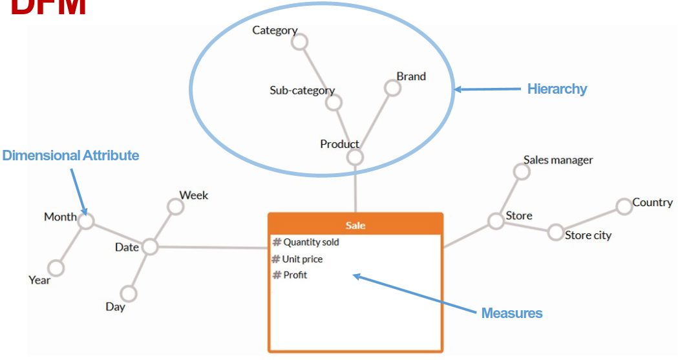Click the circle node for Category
[299, 43]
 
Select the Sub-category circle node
[334, 102]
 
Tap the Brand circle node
[392, 88]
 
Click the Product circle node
[355, 157]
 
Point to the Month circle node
[86, 221]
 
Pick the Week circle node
[175, 206]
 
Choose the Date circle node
[150, 246]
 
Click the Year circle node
[56, 268]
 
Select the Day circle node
[129, 294]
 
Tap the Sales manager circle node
[521, 171]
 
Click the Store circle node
[496, 221]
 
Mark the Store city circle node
[555, 232]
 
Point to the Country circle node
[624, 207]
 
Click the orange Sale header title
[355, 225]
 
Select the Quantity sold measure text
[311, 242]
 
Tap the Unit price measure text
[302, 259]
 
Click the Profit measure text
[295, 275]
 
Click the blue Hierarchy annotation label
[556, 89]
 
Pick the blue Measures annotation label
[512, 313]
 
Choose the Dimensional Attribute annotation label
[70, 156]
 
